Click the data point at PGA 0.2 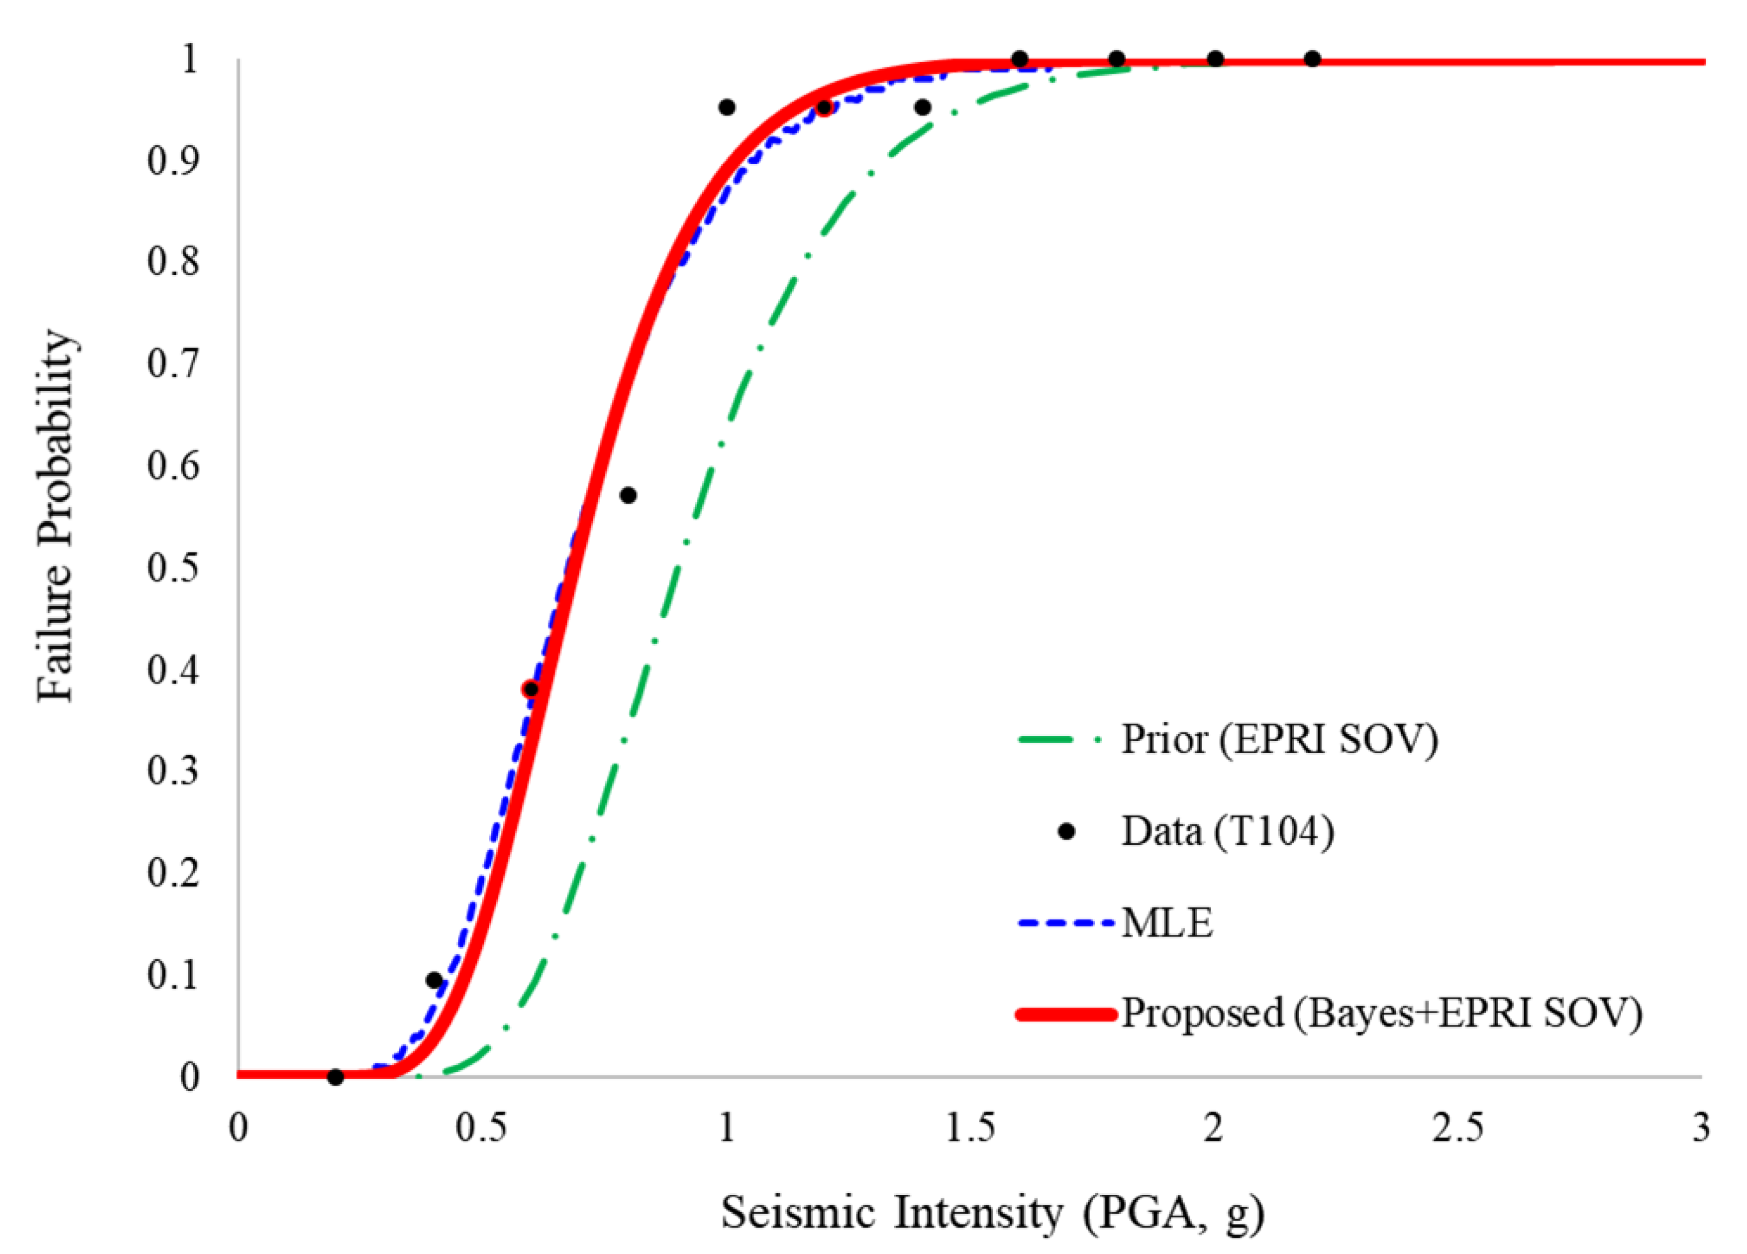(x=335, y=1077)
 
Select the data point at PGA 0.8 (x=628, y=496)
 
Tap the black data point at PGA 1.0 (x=726, y=107)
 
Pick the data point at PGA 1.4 (x=923, y=107)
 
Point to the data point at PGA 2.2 (x=1312, y=59)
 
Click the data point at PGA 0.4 (x=433, y=980)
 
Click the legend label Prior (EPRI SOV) (x=1279, y=739)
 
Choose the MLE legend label (x=1167, y=923)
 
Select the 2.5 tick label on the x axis (x=1458, y=1129)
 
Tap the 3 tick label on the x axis (x=1701, y=1129)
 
